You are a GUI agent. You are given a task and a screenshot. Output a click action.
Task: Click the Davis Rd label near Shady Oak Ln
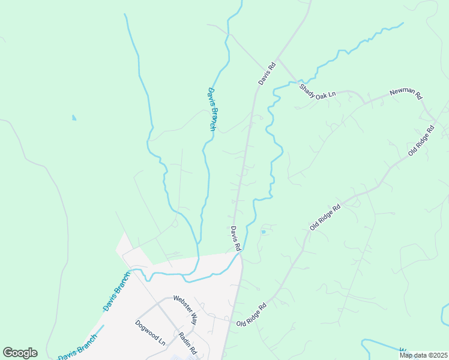click(267, 73)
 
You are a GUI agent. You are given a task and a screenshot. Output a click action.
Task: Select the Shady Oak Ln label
click(318, 91)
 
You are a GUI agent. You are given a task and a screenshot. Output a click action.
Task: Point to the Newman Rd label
click(406, 94)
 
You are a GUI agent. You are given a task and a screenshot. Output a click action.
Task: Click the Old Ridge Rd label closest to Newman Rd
click(421, 141)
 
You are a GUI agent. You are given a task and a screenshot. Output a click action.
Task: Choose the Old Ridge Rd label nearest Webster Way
click(252, 316)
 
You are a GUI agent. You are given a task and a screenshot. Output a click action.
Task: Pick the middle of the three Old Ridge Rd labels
click(325, 217)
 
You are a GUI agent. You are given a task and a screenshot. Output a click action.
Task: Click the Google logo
click(20, 353)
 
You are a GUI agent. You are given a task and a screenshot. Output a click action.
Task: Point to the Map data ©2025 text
click(423, 355)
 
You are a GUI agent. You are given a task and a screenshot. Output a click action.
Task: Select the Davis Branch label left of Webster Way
click(116, 292)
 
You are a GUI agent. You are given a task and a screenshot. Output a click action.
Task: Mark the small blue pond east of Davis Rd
click(263, 232)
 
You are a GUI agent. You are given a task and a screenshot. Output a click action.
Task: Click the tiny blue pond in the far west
click(74, 118)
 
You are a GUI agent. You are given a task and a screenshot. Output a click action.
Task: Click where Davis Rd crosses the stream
click(240, 254)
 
